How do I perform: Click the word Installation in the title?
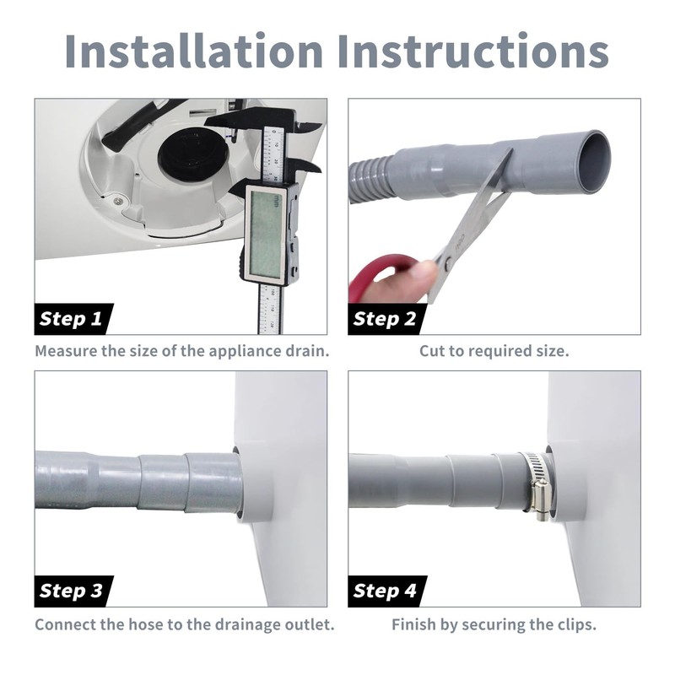click(x=194, y=51)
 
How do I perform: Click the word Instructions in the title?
click(x=472, y=51)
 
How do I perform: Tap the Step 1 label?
click(x=71, y=319)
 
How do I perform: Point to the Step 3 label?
click(x=71, y=591)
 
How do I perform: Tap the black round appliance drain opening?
click(x=191, y=149)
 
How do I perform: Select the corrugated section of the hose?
click(x=371, y=178)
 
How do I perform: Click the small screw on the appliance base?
click(x=117, y=200)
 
